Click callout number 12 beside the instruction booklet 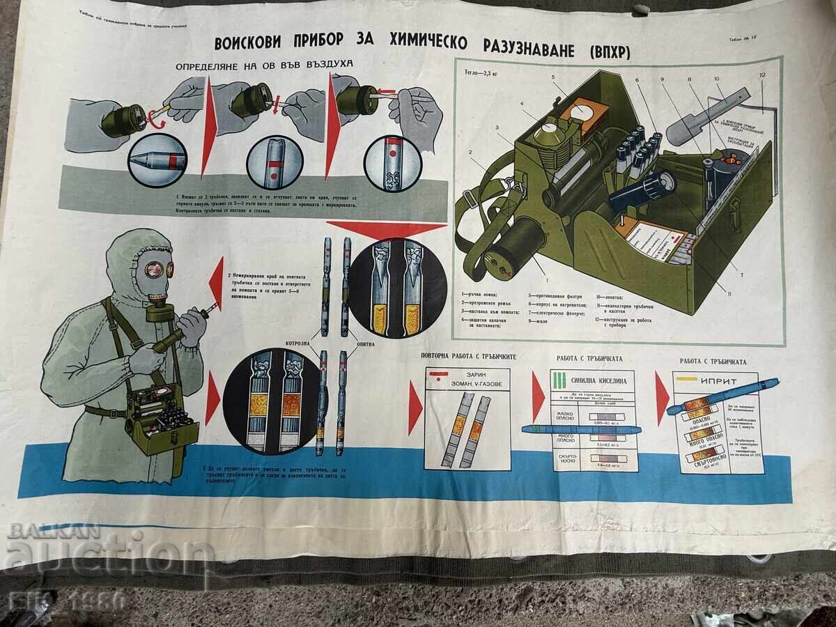(x=763, y=75)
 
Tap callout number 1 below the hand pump (x=546, y=279)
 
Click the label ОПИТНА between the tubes (x=365, y=343)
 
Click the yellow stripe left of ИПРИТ (x=688, y=380)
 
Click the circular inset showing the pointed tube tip (x=157, y=161)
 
